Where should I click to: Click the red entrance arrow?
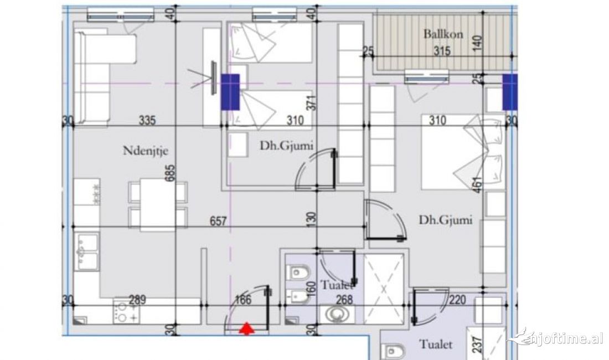[246, 329]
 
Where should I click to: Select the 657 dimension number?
[218, 221]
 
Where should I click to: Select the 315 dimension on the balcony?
[442, 52]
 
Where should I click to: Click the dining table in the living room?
[157, 204]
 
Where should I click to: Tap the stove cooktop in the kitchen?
[127, 312]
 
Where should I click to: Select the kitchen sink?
[87, 252]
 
